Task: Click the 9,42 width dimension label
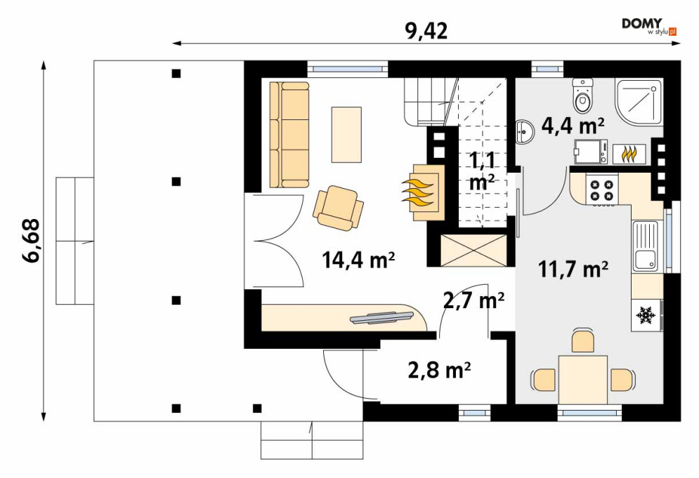click(426, 31)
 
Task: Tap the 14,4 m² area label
click(358, 260)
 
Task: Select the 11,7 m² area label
click(573, 269)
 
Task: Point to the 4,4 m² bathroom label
click(573, 126)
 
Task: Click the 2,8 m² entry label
click(440, 370)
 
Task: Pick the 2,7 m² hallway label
click(474, 300)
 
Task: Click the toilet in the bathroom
click(582, 95)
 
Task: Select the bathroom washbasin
click(525, 132)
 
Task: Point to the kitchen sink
click(645, 246)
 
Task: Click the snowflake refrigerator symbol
click(645, 315)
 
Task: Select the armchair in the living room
click(338, 208)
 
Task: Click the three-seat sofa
click(289, 134)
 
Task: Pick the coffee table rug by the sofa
click(346, 134)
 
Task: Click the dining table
click(582, 379)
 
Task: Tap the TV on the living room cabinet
click(382, 317)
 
